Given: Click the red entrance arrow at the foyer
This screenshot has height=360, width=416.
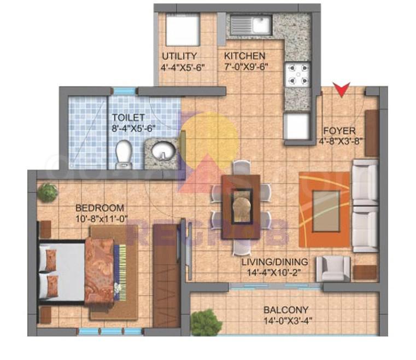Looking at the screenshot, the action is tap(342, 90).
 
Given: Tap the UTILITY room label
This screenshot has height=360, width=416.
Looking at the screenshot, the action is tap(180, 56).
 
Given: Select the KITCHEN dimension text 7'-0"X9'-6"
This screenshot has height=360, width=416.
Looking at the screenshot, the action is tap(246, 67).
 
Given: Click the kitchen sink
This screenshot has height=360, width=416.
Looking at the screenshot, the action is tap(251, 25).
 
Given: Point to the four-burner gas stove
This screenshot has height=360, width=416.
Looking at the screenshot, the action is tap(298, 74).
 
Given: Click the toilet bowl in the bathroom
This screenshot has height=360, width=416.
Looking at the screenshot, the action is tap(124, 154).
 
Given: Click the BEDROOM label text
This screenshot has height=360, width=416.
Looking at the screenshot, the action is tap(99, 208).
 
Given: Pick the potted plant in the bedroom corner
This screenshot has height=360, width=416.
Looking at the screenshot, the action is tap(47, 193).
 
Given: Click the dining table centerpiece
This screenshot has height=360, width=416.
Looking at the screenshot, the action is tap(242, 206).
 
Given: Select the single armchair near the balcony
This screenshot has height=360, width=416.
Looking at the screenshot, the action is tap(333, 269).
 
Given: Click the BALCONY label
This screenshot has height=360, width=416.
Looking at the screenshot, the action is tap(286, 310).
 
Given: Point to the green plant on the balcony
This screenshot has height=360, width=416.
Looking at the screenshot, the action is tap(206, 322).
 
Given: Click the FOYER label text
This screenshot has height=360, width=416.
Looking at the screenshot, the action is tap(339, 131).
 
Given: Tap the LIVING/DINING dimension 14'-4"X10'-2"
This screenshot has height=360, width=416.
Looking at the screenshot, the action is tap(274, 272).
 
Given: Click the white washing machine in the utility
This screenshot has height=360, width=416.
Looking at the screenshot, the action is tap(183, 30).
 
